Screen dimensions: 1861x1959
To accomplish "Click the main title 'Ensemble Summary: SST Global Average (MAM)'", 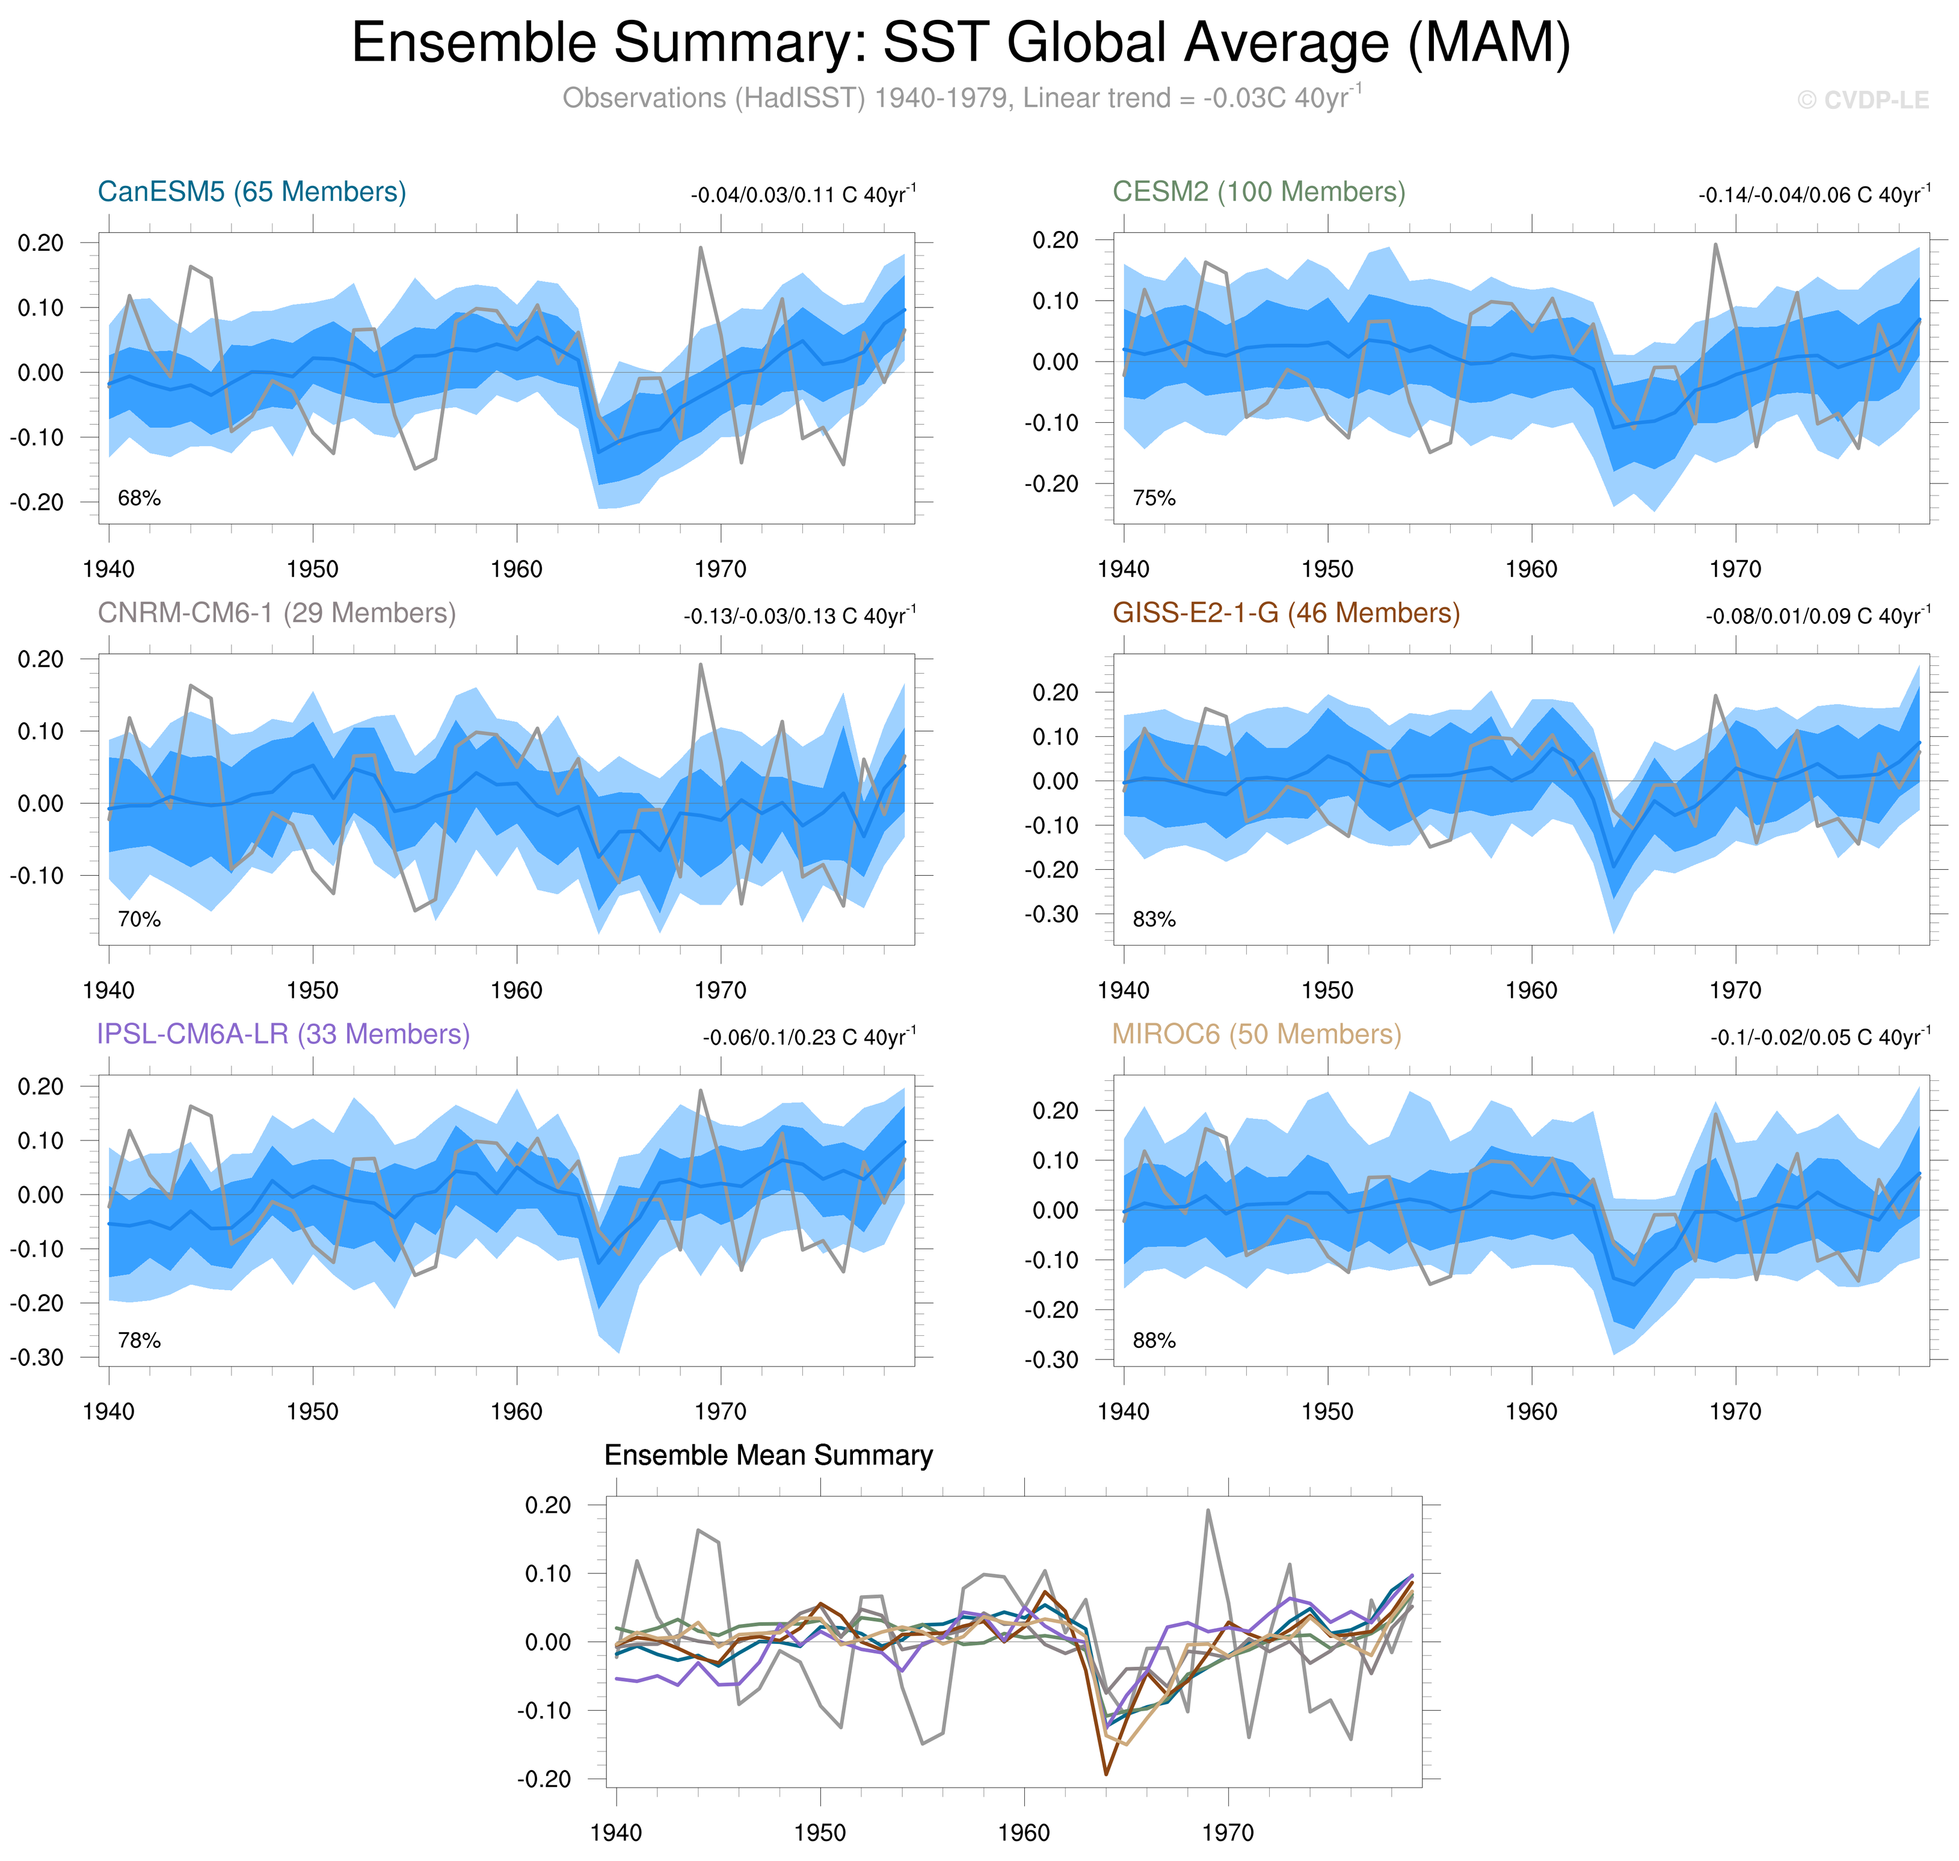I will coord(960,44).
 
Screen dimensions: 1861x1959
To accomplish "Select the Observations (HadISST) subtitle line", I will coord(960,98).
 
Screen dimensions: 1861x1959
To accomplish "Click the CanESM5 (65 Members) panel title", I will coord(252,191).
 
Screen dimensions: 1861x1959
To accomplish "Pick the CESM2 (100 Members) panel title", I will coord(1258,191).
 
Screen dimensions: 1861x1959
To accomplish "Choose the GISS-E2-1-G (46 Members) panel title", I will coord(1285,613).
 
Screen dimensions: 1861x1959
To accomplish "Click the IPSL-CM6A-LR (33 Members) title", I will coord(283,1034).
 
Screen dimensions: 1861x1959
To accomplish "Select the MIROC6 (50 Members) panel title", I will coord(1256,1034).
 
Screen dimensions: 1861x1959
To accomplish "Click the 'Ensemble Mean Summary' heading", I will coord(767,1455).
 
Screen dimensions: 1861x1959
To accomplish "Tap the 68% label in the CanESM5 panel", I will coord(139,498).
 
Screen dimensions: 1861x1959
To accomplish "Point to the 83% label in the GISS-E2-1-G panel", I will coord(1154,920).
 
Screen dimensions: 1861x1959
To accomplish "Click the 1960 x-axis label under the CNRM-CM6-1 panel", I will coord(516,990).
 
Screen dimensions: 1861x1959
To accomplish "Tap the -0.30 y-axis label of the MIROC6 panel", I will coord(1051,1360).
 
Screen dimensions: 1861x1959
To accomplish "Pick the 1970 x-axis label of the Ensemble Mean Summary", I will coord(1227,1832).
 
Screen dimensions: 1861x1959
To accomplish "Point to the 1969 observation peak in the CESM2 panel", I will coord(1715,244).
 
